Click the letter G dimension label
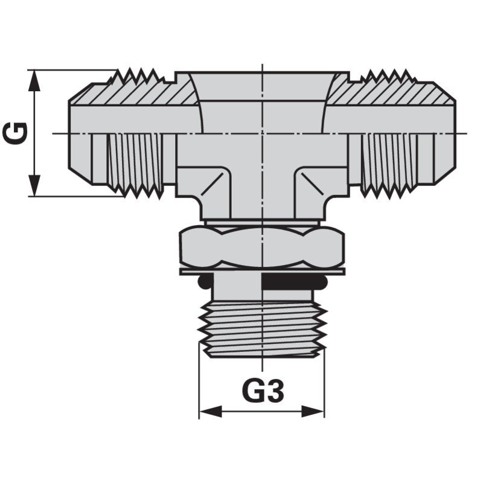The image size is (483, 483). (16, 133)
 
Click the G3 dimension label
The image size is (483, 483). (263, 391)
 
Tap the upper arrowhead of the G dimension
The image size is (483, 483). (34, 81)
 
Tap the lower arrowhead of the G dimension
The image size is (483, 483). (34, 185)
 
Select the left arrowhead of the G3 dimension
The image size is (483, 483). (211, 411)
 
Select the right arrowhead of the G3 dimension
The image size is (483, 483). (313, 411)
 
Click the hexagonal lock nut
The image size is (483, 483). (262, 246)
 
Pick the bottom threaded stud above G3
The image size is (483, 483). (262, 329)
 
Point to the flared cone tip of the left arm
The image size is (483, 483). (80, 134)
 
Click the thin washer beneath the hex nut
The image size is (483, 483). (262, 271)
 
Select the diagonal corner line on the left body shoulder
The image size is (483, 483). (212, 184)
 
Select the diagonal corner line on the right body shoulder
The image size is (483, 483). (312, 184)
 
